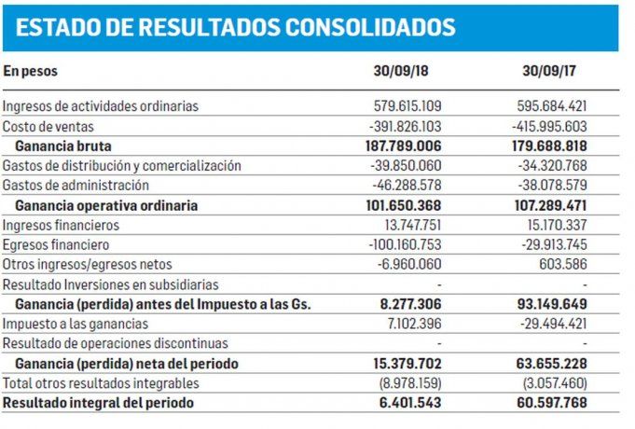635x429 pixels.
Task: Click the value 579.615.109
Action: [x=401, y=106]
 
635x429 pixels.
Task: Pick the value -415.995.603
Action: [x=550, y=126]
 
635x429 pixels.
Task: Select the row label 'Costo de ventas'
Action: [x=48, y=126]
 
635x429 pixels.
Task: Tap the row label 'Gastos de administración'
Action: [x=76, y=185]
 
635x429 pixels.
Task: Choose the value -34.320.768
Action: [x=550, y=165]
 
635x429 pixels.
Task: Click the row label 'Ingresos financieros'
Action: [x=62, y=225]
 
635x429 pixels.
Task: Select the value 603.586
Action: [x=566, y=264]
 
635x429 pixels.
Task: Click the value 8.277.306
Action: [x=407, y=304]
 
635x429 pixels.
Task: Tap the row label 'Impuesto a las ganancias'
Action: [x=76, y=324]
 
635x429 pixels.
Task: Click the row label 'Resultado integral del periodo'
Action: [x=100, y=403]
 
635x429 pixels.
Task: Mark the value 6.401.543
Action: [x=407, y=403]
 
